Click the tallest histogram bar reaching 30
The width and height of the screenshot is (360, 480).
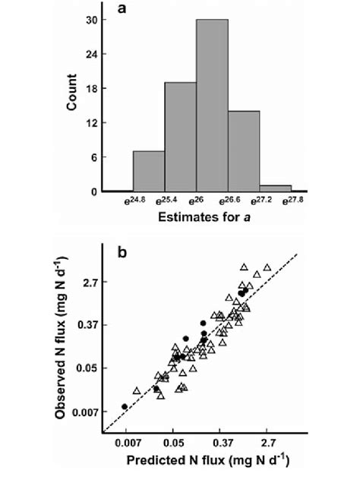click(212, 106)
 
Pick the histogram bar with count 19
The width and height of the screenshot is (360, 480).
click(181, 137)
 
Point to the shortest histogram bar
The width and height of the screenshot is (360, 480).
click(275, 188)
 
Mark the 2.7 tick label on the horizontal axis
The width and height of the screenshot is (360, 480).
click(267, 441)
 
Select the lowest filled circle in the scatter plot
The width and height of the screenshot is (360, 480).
click(125, 406)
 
